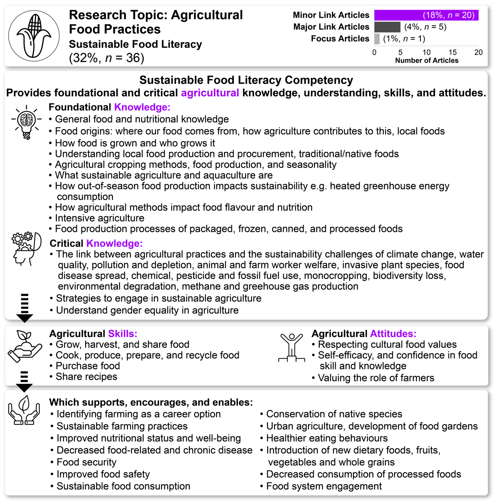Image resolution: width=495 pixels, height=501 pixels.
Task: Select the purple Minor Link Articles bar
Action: (x=426, y=15)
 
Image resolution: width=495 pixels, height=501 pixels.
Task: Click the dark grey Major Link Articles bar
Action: (x=387, y=27)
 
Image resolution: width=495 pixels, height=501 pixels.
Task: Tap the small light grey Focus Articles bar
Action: (x=377, y=39)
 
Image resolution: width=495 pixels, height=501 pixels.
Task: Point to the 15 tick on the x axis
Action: (x=453, y=52)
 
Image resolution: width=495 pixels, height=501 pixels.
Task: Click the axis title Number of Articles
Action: (x=427, y=60)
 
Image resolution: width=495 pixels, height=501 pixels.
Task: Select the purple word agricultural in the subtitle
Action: (x=210, y=93)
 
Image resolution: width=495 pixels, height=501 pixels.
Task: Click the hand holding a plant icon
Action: (x=25, y=346)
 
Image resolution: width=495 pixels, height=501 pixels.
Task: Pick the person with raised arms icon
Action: (x=291, y=348)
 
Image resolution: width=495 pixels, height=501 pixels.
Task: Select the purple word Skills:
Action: (x=122, y=334)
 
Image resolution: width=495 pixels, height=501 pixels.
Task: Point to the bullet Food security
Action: (x=86, y=462)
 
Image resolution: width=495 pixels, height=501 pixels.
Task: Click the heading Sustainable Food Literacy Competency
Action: (x=246, y=80)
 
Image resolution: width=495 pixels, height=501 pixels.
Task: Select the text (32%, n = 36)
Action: (x=106, y=58)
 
